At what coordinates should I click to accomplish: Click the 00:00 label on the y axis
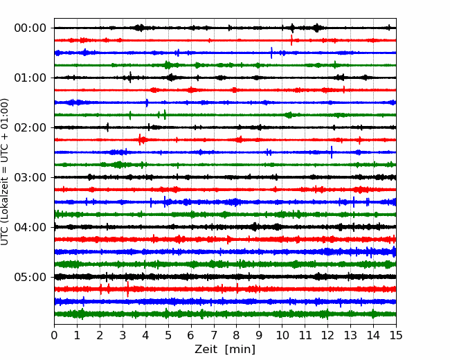click(x=30, y=28)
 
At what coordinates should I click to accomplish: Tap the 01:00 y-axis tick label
click(x=30, y=78)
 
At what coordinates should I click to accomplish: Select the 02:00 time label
click(x=30, y=127)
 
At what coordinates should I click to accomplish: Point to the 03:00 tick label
click(x=30, y=177)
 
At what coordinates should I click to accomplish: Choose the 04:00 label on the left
click(x=30, y=227)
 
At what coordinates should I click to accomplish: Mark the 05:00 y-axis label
click(x=30, y=277)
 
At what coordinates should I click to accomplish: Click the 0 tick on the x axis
click(x=54, y=335)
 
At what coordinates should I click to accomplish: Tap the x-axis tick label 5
click(x=168, y=335)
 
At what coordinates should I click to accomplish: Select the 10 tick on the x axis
click(x=282, y=335)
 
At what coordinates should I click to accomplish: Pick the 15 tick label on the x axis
click(x=396, y=335)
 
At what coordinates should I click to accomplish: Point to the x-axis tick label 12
click(x=327, y=335)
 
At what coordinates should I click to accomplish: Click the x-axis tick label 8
click(x=237, y=335)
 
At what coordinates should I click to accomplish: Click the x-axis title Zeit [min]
click(x=225, y=350)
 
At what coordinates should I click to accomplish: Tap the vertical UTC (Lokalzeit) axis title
click(x=5, y=172)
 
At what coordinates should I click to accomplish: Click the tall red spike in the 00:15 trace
click(x=291, y=40)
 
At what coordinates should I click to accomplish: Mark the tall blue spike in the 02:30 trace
click(x=332, y=152)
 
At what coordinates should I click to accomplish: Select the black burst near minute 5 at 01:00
click(x=171, y=78)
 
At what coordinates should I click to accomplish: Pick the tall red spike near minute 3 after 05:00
click(x=127, y=289)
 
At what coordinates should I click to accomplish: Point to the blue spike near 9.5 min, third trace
click(x=271, y=53)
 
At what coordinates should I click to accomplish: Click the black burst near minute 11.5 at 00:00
click(x=317, y=28)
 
